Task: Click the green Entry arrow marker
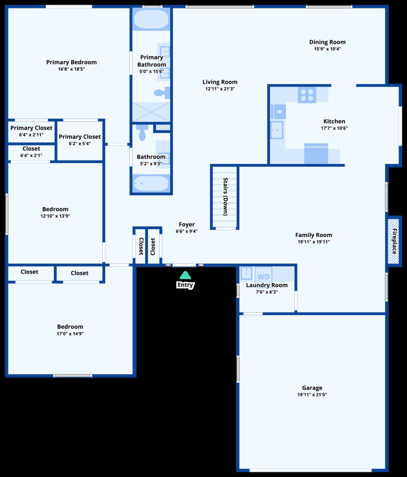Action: point(185,275)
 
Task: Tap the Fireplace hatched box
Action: point(393,241)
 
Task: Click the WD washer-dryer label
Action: point(263,277)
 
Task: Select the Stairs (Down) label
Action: point(225,197)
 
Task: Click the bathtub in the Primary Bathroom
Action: point(151,20)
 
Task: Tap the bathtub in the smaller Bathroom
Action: point(151,183)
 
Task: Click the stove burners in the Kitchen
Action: point(307,95)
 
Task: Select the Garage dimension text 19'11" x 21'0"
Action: point(312,395)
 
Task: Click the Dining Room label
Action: point(327,42)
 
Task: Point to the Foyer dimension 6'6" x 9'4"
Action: point(186,231)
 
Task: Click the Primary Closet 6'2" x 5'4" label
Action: point(80,137)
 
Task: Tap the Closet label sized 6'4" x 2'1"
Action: point(31,149)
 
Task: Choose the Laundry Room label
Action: point(266,285)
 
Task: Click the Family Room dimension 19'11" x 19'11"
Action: point(314,242)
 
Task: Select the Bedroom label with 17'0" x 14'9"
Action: point(70,327)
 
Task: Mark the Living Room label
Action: point(220,82)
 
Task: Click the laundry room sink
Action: point(246,274)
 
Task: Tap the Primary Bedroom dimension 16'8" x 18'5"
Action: point(71,69)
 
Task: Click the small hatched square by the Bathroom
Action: point(163,128)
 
